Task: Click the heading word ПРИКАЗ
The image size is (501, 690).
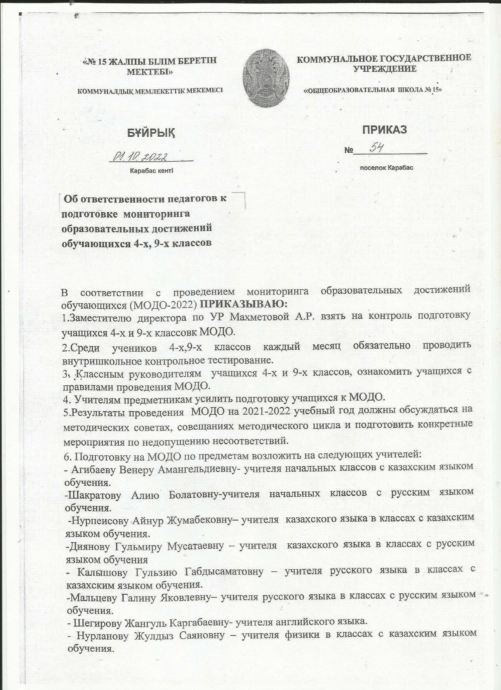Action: tap(384, 130)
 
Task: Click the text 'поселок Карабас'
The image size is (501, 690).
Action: tap(386, 168)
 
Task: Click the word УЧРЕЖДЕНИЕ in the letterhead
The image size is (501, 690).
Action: tap(385, 69)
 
